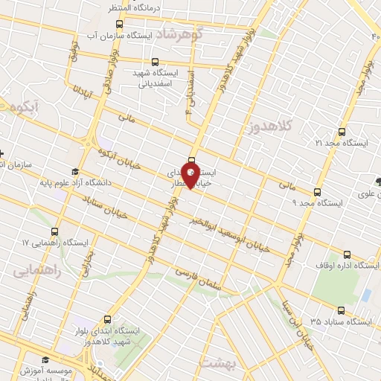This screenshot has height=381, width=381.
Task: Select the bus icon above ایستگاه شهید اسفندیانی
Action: click(155, 63)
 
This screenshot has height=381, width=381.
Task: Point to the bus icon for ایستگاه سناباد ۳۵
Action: click(341, 310)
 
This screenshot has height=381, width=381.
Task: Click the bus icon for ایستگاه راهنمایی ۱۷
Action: click(55, 231)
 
